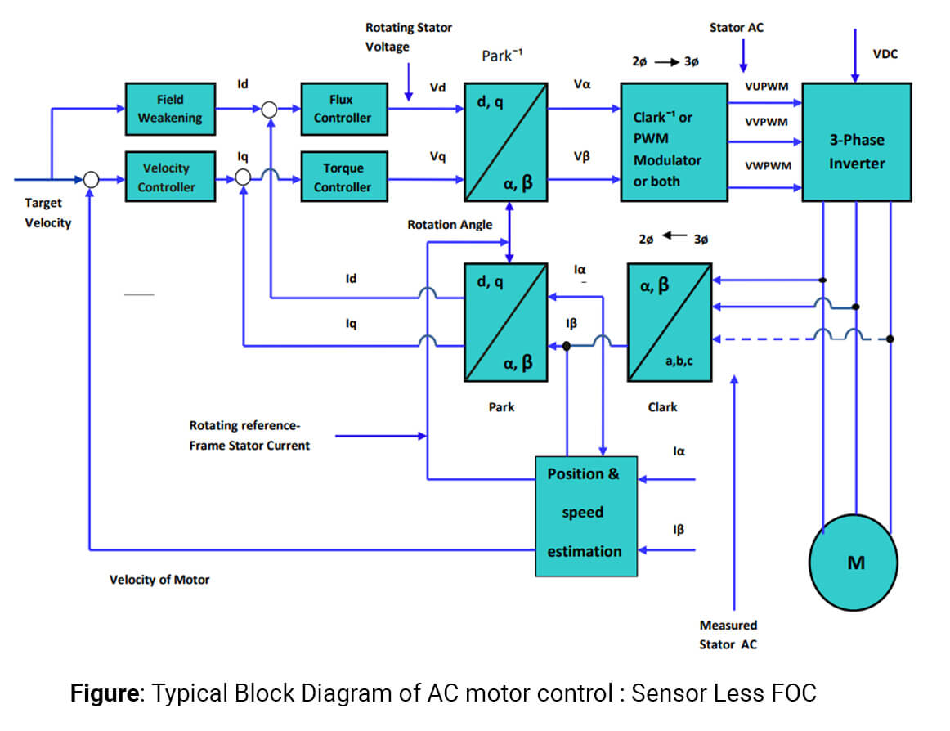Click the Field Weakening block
coord(169,109)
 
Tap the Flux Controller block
coord(342,109)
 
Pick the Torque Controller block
coord(342,177)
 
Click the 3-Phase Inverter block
coord(856,142)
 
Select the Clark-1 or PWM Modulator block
coord(674,142)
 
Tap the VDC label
coord(886,54)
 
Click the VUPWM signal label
coord(765,87)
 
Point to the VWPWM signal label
coord(766,165)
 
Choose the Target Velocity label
coord(47,213)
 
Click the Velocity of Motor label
coord(159,580)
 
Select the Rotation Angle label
coord(450,224)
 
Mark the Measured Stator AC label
coord(728,635)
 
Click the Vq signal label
coord(437,155)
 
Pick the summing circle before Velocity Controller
coord(92,178)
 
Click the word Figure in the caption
coord(104,693)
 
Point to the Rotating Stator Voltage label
coord(408,38)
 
